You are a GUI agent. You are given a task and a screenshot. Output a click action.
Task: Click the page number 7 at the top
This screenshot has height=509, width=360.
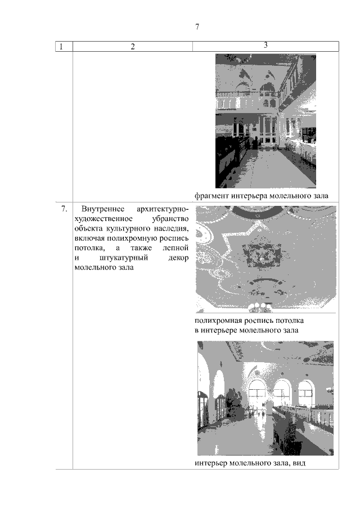pyautogui.click(x=197, y=27)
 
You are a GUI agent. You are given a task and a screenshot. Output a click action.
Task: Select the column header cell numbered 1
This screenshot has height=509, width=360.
pyautogui.click(x=60, y=47)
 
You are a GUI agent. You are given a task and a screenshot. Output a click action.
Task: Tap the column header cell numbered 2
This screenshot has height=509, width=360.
pyautogui.click(x=133, y=47)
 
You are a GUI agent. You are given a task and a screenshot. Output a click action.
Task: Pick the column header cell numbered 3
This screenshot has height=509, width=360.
pyautogui.click(x=265, y=45)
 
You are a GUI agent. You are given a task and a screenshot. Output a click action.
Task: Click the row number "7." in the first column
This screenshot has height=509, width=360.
pyautogui.click(x=64, y=210)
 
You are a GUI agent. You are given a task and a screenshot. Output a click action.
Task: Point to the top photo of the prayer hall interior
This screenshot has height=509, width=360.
pyautogui.click(x=265, y=120)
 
